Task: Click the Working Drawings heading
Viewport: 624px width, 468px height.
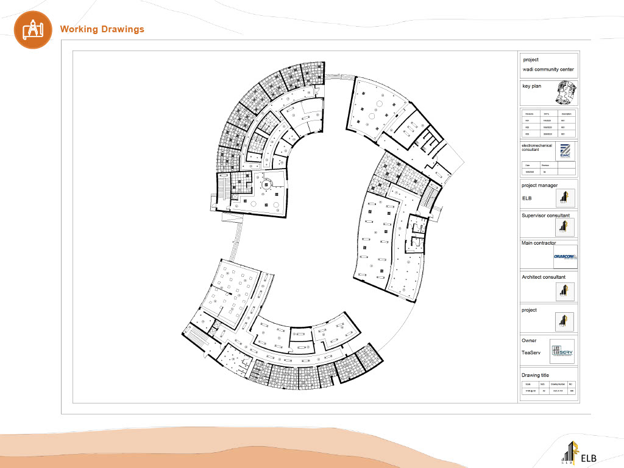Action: pyautogui.click(x=102, y=29)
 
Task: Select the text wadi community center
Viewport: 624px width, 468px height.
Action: pyautogui.click(x=548, y=70)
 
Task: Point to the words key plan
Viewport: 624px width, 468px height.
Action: pyautogui.click(x=531, y=86)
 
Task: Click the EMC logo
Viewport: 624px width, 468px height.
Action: pyautogui.click(x=564, y=150)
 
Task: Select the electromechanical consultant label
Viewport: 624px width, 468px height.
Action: pyautogui.click(x=536, y=147)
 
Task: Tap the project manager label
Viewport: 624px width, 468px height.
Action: pyautogui.click(x=539, y=186)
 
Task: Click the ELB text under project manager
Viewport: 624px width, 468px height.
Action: pyautogui.click(x=527, y=198)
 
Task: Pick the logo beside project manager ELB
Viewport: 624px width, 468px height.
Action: pyautogui.click(x=565, y=198)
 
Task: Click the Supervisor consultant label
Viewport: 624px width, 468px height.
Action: pyautogui.click(x=545, y=215)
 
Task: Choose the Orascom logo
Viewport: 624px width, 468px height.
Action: pyautogui.click(x=565, y=257)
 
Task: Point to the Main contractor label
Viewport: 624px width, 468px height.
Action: pyautogui.click(x=539, y=243)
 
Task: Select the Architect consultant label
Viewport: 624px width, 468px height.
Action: pyautogui.click(x=544, y=277)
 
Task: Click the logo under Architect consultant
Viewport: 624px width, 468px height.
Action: pyautogui.click(x=565, y=290)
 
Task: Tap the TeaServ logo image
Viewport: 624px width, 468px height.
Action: pyautogui.click(x=561, y=351)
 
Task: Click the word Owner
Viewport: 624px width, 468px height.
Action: pyautogui.click(x=529, y=341)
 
